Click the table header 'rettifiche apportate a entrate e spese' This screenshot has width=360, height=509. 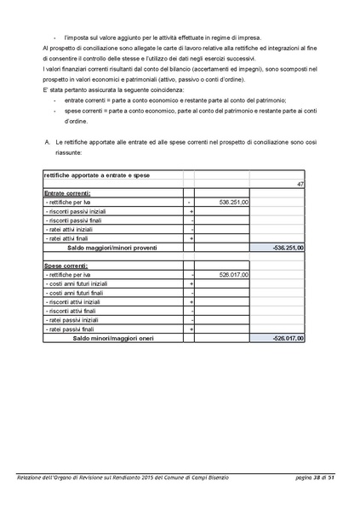point(89,174)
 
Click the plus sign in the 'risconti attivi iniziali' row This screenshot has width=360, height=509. point(191,302)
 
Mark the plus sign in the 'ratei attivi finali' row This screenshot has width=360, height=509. point(191,238)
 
